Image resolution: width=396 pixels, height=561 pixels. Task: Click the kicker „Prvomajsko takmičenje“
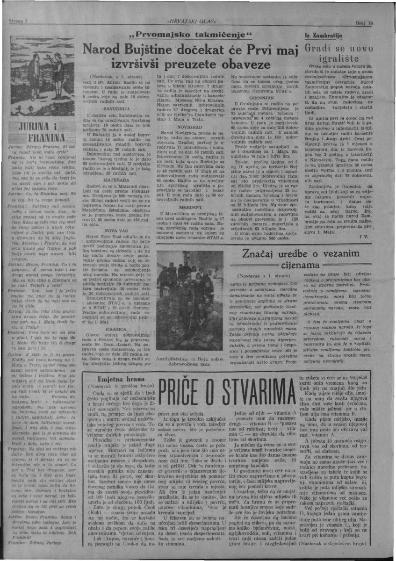coord(193,36)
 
